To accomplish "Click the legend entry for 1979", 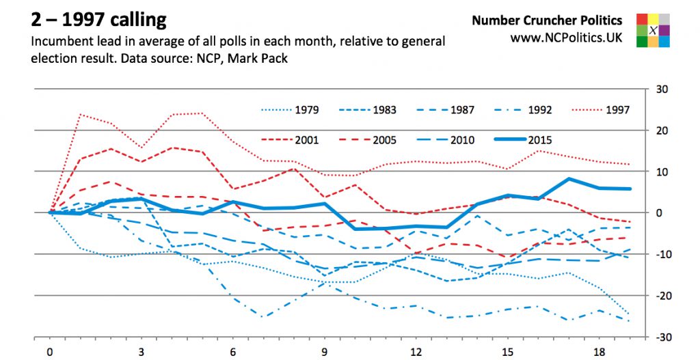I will (290, 109).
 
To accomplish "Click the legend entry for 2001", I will (290, 140).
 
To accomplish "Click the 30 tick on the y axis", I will (662, 89).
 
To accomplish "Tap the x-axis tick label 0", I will (50, 352).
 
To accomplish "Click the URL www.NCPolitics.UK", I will (567, 38).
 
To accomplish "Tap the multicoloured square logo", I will (653, 30).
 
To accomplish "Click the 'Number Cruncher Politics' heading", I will (547, 20).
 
